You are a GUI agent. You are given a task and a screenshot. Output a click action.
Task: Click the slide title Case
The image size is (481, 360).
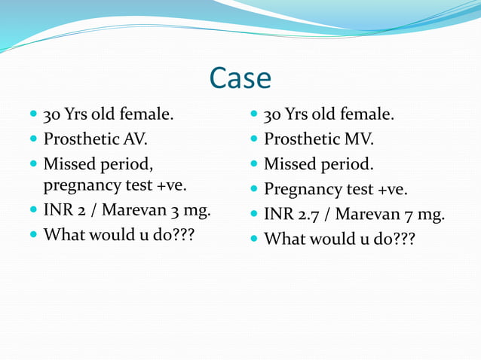point(240,78)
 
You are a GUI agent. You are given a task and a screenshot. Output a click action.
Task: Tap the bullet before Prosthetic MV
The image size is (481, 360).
point(253,139)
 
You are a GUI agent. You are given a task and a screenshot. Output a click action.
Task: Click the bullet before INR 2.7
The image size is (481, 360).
point(253,215)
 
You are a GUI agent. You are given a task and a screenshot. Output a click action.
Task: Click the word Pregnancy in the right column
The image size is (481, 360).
point(301,190)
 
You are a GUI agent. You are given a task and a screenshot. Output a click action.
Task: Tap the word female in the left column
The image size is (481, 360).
point(146,115)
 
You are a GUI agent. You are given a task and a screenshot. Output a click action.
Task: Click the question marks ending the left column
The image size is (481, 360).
point(181,234)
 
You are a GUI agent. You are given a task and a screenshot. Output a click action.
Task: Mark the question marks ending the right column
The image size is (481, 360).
point(402,239)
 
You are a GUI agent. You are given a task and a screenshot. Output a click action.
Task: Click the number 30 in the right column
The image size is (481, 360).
point(273,115)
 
